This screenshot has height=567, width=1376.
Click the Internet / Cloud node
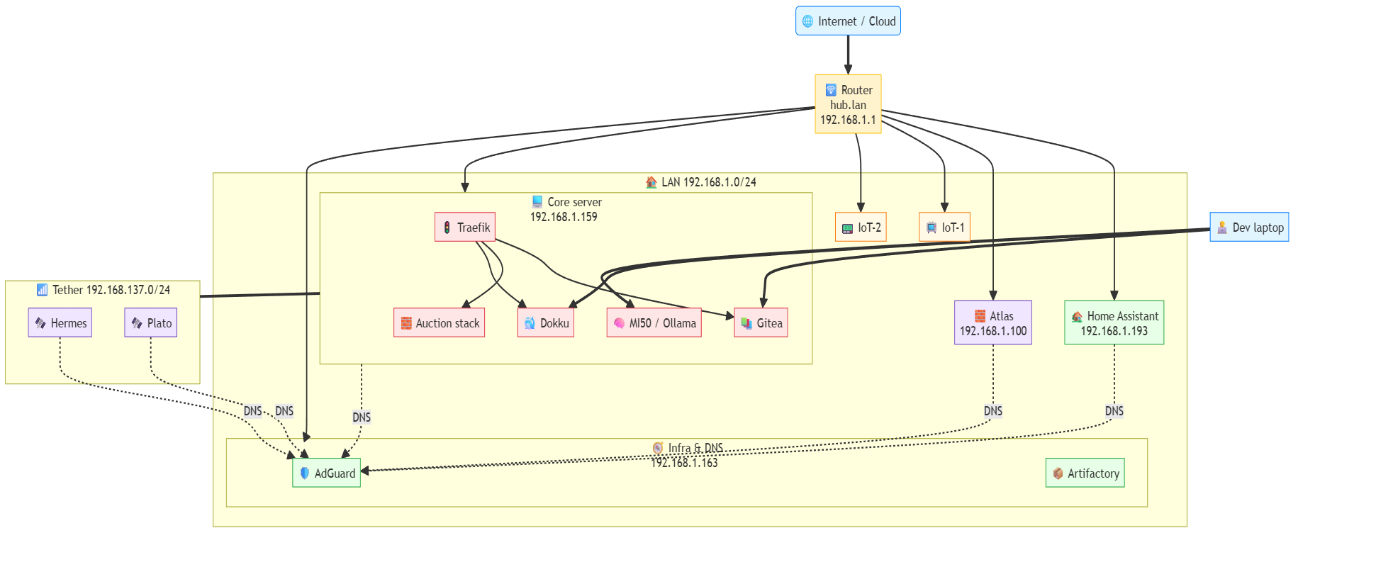coord(848,21)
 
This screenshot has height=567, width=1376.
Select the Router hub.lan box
coord(848,104)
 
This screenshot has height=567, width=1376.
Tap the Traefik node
coord(465,228)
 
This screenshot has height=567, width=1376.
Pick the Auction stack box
coord(439,323)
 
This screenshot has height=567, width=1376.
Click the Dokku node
coord(545,323)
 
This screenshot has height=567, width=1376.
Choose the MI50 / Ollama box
coord(654,323)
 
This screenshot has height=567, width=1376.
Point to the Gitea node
coord(761,323)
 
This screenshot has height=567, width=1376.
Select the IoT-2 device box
coord(861,228)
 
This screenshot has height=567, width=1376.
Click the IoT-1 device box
coord(944,228)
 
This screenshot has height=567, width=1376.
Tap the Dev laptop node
coord(1249,228)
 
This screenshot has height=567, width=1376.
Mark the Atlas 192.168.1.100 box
coord(992,323)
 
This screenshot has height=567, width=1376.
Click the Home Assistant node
coord(1114,323)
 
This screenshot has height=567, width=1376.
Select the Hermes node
coord(60,323)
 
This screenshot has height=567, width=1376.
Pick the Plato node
coord(150,323)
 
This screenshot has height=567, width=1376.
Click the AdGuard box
coord(326,473)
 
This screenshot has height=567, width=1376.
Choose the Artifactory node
coord(1085,473)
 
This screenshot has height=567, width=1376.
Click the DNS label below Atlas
coord(992,411)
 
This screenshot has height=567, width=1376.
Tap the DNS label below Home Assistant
coord(1114,411)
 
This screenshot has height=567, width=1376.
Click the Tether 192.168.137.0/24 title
coord(104,290)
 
